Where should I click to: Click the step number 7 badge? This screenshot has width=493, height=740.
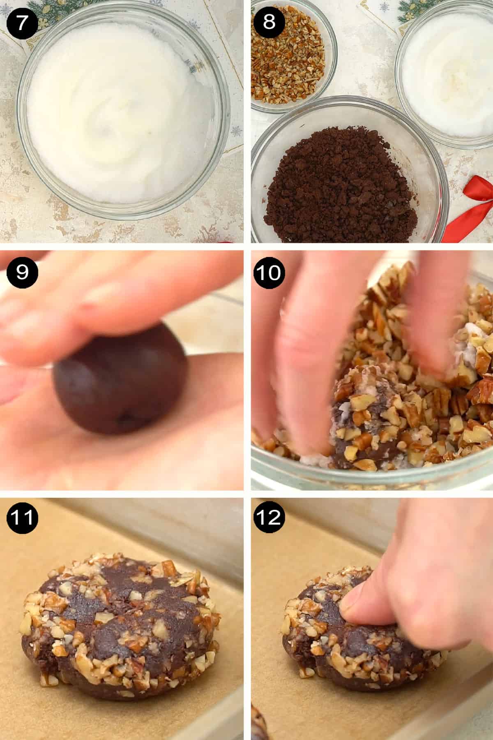tap(22, 21)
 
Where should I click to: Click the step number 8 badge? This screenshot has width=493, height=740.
tap(269, 21)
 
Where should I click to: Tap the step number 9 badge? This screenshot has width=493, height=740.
tap(22, 272)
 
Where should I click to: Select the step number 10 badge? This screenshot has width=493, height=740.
tap(269, 272)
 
